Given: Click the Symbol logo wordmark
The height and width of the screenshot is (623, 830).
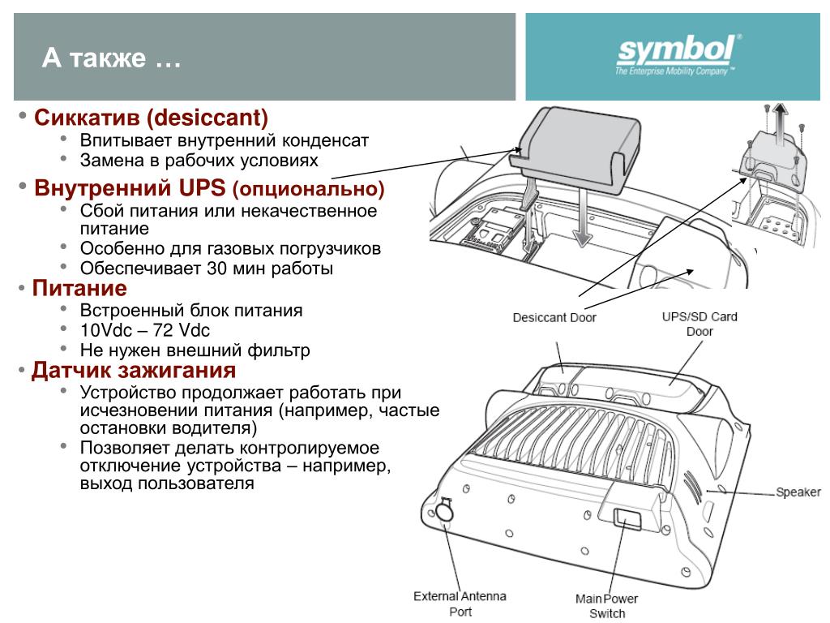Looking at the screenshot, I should pos(675,52).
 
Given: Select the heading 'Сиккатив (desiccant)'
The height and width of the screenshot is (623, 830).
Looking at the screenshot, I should pos(151,118).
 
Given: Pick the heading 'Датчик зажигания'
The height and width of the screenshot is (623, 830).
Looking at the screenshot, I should pos(134,372).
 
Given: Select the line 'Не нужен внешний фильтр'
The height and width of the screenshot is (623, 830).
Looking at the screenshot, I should pos(195,351).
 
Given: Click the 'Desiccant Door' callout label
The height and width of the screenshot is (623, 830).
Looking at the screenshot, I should pos(554,317).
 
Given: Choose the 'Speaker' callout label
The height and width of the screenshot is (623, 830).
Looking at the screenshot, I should pos(798,492).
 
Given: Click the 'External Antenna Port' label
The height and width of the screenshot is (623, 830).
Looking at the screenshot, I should pos(460,604).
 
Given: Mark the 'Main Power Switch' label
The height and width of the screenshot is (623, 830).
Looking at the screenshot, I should pos(606,606).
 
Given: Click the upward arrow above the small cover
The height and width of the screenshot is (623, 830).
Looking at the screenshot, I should pos(780,116).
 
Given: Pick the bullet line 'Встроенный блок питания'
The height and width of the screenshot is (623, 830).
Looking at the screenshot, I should pos(190,310).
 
